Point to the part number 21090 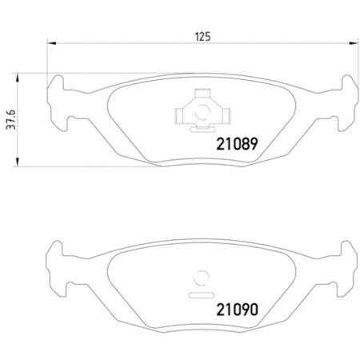[x=238, y=308]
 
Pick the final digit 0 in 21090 [x=258, y=308]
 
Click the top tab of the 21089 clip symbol [x=197, y=94]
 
